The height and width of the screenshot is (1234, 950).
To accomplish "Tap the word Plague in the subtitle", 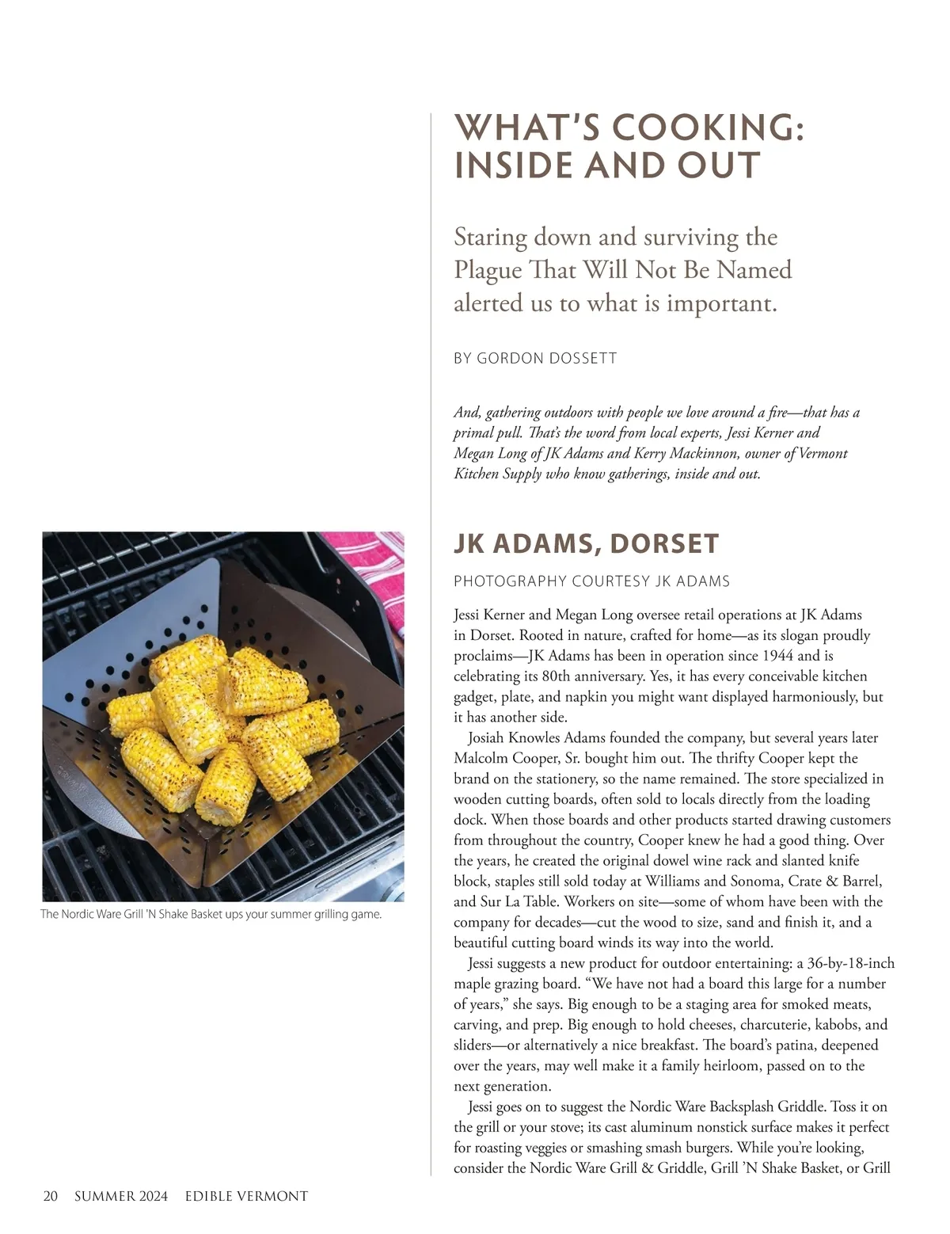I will tap(488, 270).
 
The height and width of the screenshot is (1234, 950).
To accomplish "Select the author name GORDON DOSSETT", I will tap(546, 359).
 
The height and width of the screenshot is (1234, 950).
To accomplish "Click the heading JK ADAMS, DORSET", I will tap(586, 544).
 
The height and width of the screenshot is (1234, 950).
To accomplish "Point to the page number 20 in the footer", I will tap(51, 1196).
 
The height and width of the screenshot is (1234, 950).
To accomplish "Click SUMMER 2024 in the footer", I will tap(121, 1196).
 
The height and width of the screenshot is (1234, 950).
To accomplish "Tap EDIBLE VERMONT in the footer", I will tap(246, 1196).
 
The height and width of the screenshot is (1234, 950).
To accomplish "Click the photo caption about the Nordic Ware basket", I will tap(211, 914).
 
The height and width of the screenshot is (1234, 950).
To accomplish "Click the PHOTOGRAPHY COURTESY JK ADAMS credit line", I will tap(591, 581).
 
